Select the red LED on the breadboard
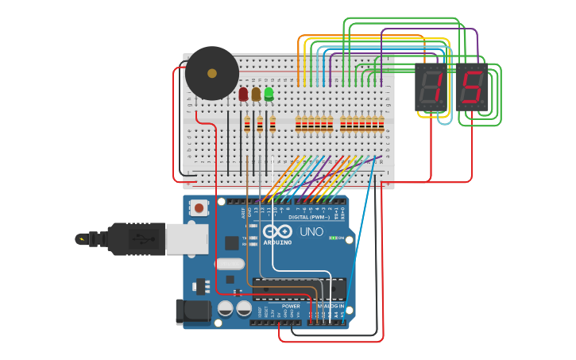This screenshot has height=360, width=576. point(243,94)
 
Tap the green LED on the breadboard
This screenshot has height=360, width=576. point(269,94)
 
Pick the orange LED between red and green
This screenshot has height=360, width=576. point(256,94)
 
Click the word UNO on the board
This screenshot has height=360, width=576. point(311,232)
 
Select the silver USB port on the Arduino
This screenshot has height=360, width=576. point(187,238)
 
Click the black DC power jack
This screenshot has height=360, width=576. point(193,312)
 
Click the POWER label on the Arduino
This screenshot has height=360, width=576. point(291,306)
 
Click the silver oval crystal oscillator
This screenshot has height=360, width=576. point(229,265)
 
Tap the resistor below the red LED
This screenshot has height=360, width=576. point(247,125)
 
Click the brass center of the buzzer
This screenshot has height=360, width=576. point(211,73)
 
